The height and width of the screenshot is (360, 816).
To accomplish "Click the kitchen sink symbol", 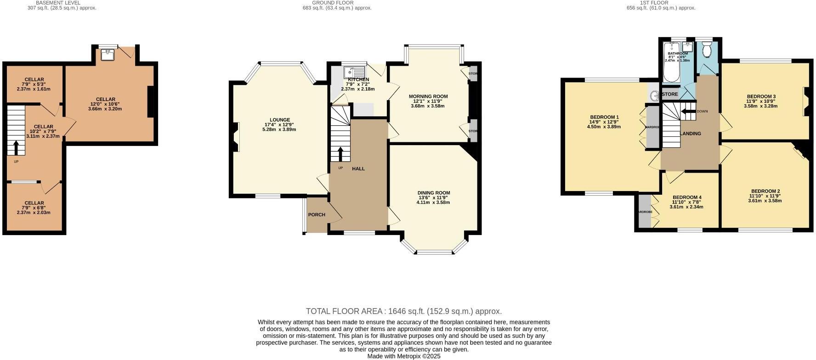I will [354, 72].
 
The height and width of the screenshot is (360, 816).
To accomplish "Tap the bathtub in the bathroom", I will [671, 69].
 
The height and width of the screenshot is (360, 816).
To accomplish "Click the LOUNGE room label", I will [280, 120].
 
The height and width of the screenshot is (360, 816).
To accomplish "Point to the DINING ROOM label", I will [433, 193].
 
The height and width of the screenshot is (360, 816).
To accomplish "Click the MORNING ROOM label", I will [428, 96].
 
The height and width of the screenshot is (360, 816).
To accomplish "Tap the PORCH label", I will [317, 214].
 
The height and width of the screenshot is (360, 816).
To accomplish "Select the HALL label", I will [358, 169].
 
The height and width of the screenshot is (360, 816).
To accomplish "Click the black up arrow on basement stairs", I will [16, 148].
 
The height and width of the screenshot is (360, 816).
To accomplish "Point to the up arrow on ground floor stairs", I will [340, 154].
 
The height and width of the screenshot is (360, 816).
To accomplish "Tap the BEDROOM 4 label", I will [687, 197].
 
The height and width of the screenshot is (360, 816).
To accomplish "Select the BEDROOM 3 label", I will [761, 96].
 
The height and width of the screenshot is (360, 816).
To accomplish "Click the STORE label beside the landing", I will [670, 94].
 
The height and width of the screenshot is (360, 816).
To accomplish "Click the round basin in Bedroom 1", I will [654, 96].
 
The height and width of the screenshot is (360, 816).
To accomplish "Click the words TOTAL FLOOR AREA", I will [346, 311].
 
